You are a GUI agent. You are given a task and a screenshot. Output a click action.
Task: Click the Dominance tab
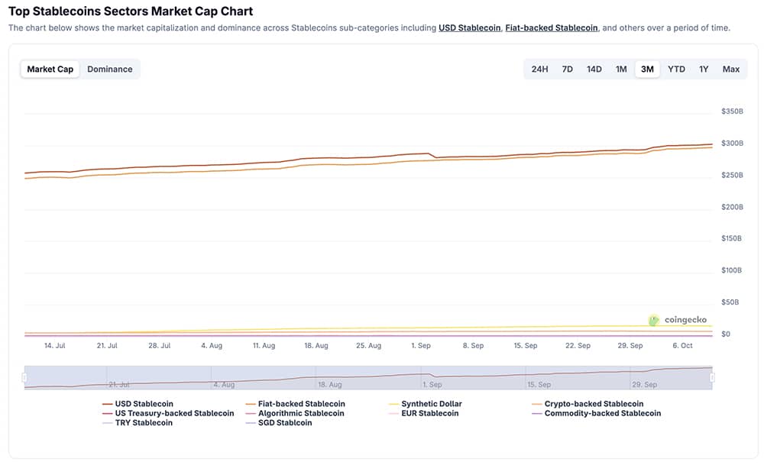tap(109, 69)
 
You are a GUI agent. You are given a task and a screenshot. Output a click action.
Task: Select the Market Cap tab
tap(50, 69)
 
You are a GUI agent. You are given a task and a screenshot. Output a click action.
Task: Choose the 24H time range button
tap(539, 69)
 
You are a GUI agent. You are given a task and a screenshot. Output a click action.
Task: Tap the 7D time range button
tap(567, 69)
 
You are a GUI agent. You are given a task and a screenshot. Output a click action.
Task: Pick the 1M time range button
tap(621, 69)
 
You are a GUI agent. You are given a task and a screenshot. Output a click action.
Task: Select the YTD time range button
tap(676, 69)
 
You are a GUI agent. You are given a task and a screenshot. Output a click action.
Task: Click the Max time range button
tap(731, 69)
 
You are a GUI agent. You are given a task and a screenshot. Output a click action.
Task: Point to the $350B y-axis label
tap(732, 111)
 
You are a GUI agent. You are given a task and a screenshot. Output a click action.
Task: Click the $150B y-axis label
tap(732, 238)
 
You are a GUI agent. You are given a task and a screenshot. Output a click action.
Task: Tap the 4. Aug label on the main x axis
tap(212, 346)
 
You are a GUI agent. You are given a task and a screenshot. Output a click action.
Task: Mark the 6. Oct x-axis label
tap(682, 346)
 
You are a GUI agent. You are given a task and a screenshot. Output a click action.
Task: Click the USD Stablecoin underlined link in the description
tap(469, 27)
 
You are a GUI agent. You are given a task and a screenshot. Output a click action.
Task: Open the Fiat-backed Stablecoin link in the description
tap(552, 27)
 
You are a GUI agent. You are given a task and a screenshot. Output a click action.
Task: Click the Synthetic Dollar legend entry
tap(432, 404)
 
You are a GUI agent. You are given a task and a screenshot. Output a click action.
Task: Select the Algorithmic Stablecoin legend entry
tap(301, 413)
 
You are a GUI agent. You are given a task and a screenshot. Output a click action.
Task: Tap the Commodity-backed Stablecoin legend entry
tap(602, 413)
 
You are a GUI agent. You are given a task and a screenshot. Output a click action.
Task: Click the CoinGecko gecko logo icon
tap(654, 321)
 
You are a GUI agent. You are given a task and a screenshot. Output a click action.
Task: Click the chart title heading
tap(131, 11)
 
